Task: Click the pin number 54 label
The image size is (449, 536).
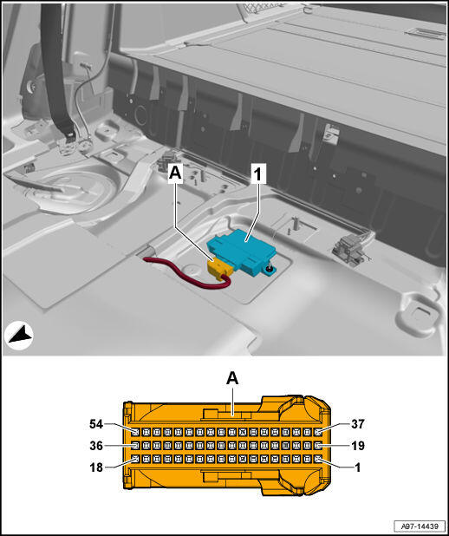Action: click(x=96, y=424)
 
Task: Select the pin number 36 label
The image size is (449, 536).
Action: click(x=96, y=446)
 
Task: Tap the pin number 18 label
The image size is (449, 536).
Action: click(x=96, y=467)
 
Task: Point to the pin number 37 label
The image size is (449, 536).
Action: click(x=358, y=424)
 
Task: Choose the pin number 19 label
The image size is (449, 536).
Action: click(x=358, y=446)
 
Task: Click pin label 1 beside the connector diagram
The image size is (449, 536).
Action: click(x=358, y=467)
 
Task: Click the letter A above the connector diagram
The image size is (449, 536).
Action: click(x=232, y=378)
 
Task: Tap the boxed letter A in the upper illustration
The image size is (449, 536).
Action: click(x=175, y=173)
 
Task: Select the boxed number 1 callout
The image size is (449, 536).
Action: click(x=258, y=174)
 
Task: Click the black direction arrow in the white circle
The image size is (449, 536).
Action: click(x=20, y=335)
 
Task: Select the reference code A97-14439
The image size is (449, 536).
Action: click(x=420, y=526)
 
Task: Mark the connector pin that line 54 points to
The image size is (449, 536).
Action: click(x=136, y=432)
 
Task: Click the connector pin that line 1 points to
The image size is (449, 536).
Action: click(x=317, y=459)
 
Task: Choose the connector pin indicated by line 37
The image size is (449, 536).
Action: click(x=317, y=432)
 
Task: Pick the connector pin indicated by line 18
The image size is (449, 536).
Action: click(x=136, y=459)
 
